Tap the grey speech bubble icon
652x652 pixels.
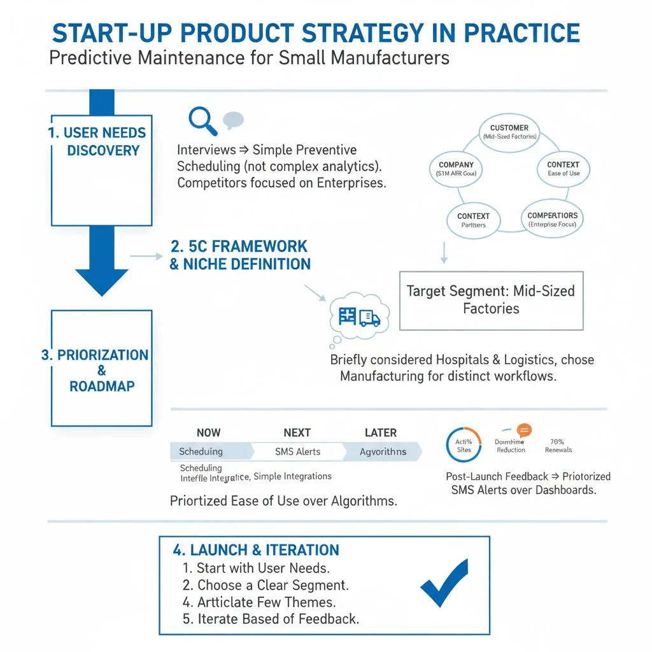tap(233, 120)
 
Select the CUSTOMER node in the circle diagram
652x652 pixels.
tap(509, 132)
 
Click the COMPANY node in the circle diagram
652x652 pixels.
tap(456, 168)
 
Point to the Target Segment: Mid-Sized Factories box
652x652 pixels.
tap(491, 300)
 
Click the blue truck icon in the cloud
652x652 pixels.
tap(369, 317)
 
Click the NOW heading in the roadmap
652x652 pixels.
tap(208, 432)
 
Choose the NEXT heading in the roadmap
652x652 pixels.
tap(297, 432)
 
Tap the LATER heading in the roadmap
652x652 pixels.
tap(381, 432)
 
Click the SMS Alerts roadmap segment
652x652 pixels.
tap(297, 451)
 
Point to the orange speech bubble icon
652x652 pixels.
tap(524, 430)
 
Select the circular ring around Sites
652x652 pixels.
tap(464, 445)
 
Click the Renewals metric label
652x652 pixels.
tap(558, 450)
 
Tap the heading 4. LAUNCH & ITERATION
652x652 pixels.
tap(256, 550)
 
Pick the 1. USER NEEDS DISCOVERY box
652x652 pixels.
tap(101, 170)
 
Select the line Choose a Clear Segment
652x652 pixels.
tap(266, 585)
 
